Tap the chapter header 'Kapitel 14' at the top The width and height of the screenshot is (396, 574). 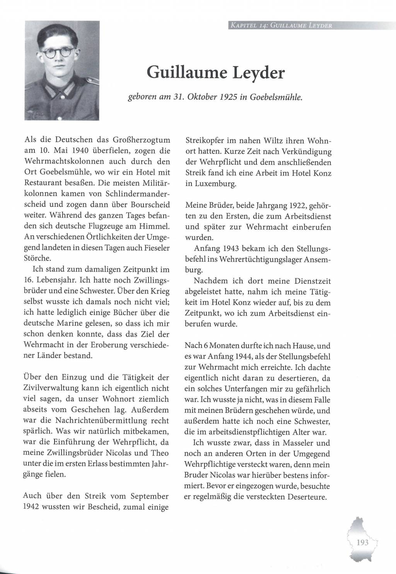click(247, 26)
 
